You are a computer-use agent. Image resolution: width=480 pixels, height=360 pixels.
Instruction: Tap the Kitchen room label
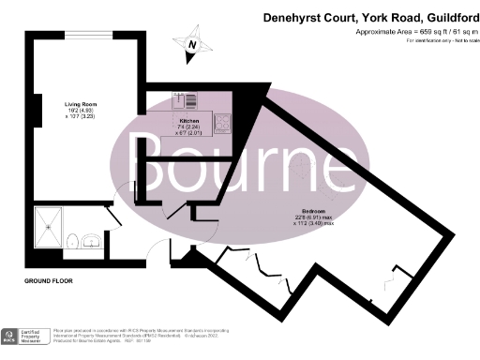tap(190, 122)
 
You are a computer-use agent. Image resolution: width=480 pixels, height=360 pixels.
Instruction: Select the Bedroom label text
tap(314, 211)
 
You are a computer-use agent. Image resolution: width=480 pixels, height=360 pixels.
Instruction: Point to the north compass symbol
tap(192, 44)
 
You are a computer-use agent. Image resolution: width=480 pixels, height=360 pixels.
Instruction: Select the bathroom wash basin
tap(90, 240)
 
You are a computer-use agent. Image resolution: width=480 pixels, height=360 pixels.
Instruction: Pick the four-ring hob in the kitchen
tap(224, 121)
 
